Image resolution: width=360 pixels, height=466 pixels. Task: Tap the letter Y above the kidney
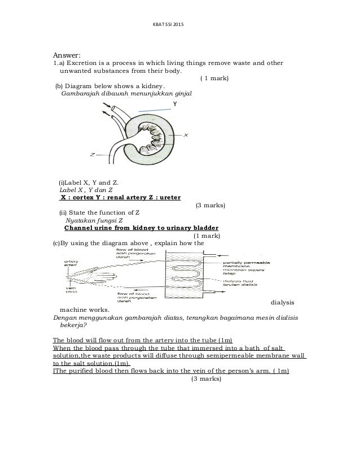(x=175, y=104)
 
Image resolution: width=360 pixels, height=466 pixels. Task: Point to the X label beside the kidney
(x=186, y=135)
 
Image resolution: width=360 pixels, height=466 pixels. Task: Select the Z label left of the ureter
(x=92, y=154)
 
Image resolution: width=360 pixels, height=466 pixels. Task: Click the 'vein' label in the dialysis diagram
(x=71, y=290)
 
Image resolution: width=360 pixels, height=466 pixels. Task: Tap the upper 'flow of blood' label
(x=130, y=250)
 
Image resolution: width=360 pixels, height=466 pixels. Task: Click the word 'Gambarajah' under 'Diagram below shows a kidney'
(x=81, y=93)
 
